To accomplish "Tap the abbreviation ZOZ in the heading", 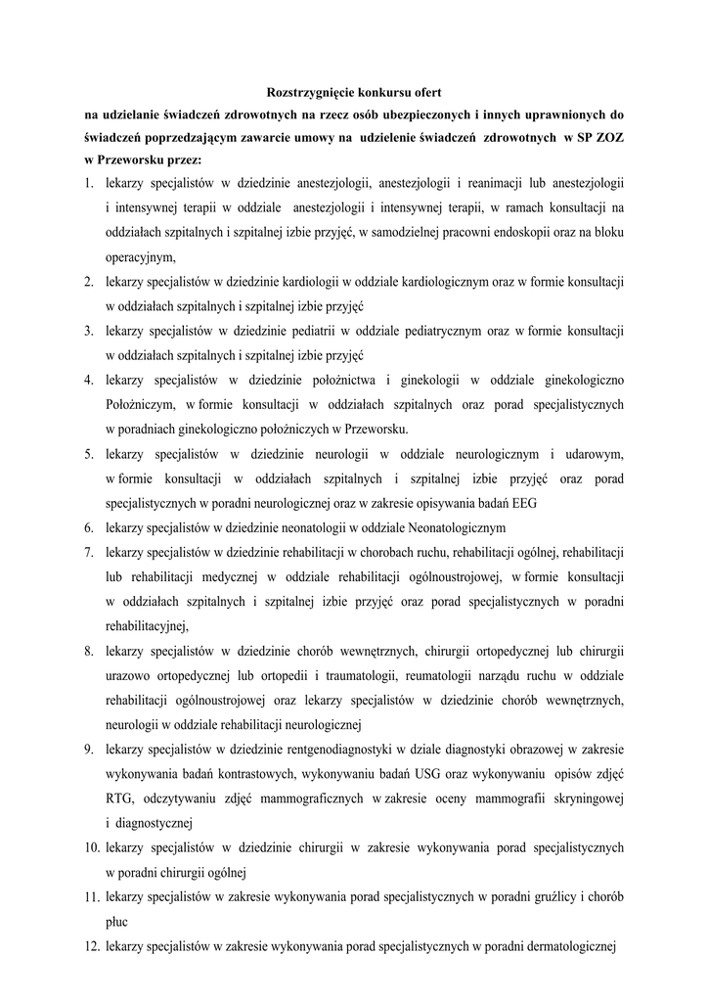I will [x=607, y=137].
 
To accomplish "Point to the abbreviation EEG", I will [x=523, y=503].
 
